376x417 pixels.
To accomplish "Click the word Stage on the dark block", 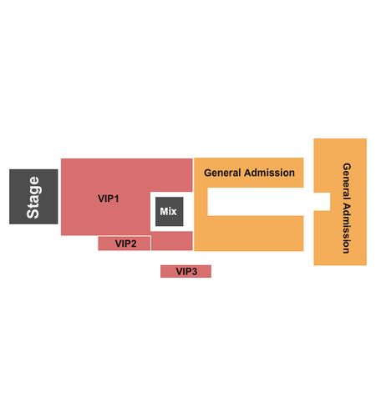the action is (33, 197).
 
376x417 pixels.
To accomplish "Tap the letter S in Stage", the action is (33, 213).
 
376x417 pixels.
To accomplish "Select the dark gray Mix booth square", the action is (169, 211).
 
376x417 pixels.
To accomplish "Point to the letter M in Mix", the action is (164, 211).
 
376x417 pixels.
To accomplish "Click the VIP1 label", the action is (109, 198).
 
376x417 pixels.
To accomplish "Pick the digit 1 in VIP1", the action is (116, 198).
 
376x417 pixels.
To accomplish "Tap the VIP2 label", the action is (125, 244).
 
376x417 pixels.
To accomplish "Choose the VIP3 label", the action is (186, 271).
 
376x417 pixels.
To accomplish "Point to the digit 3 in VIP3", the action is (194, 271).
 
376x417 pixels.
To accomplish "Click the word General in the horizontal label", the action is (222, 173).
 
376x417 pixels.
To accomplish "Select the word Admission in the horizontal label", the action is (269, 173).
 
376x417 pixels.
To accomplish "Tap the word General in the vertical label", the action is (347, 181).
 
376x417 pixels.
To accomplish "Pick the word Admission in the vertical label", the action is (347, 228).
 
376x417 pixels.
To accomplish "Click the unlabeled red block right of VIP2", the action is (172, 241).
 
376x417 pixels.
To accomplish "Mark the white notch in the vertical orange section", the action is (323, 202).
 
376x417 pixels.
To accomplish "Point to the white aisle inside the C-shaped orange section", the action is (256, 202).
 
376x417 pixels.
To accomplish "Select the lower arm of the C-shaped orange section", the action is (256, 234).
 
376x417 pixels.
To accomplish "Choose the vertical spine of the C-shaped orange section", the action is (201, 204).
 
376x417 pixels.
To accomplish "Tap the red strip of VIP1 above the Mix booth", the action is (171, 175).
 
